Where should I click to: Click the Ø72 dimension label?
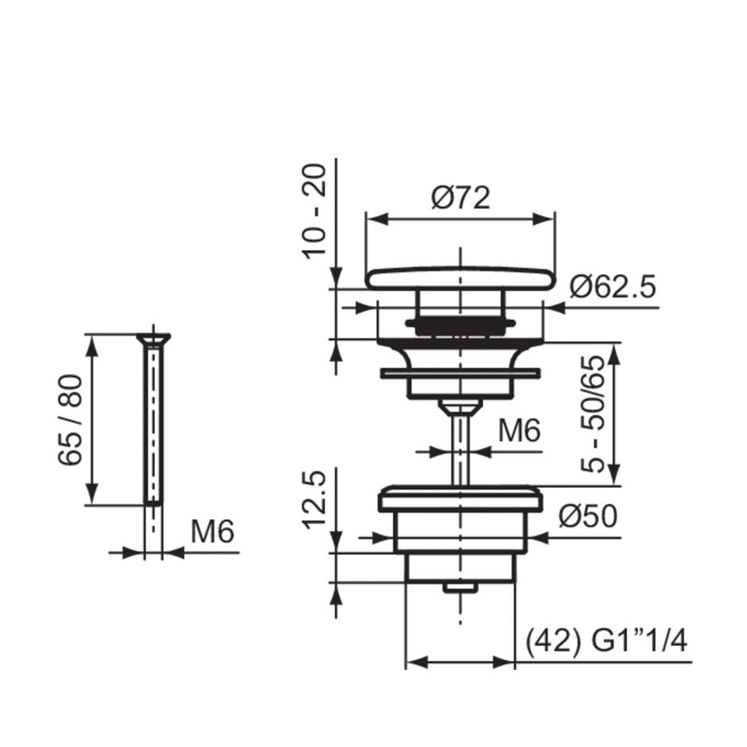(x=461, y=198)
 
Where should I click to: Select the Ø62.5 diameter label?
(x=613, y=286)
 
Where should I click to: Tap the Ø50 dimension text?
(x=587, y=516)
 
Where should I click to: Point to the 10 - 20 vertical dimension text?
(x=315, y=211)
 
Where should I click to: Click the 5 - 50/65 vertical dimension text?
(x=593, y=414)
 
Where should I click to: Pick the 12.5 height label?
(x=315, y=500)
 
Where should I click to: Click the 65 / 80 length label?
(x=70, y=420)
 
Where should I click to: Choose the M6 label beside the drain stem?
(x=519, y=431)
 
